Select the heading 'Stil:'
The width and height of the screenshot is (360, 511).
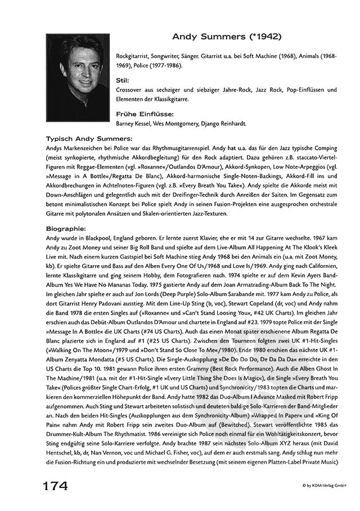coord(124,80)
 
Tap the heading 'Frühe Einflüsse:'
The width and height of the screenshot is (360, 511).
coord(140,113)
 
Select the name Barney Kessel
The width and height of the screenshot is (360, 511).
coord(133,123)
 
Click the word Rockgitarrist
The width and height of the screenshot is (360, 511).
coord(132,58)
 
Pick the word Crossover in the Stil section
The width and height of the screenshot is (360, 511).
coord(129,90)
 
